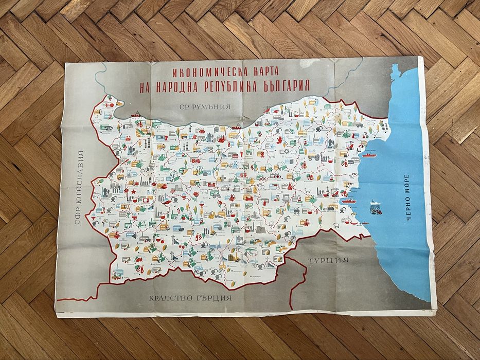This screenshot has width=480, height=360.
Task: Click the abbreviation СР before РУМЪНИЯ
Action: [x=183, y=108]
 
